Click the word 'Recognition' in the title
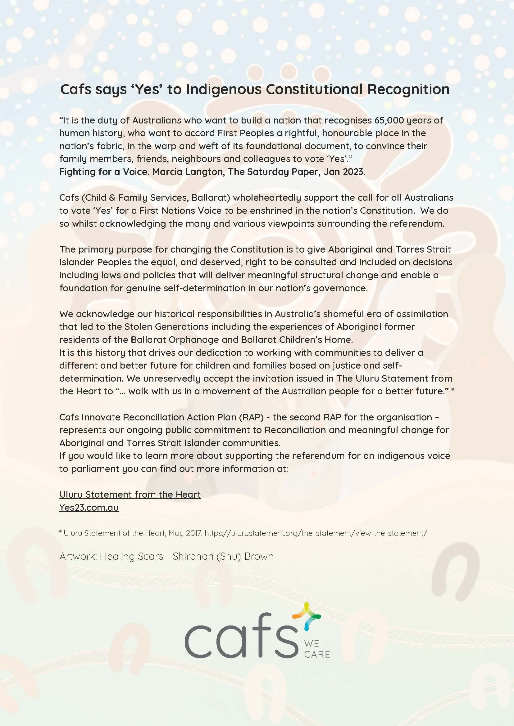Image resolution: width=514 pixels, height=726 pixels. [408, 89]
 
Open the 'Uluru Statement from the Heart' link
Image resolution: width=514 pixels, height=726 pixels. [130, 495]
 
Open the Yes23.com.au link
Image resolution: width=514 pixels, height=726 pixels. [89, 508]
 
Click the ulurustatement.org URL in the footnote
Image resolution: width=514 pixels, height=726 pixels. [316, 533]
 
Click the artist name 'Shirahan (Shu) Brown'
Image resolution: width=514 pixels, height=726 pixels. [223, 556]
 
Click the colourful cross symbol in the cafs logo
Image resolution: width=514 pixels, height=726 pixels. [306, 615]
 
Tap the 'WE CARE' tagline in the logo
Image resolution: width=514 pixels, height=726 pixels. [316, 649]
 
